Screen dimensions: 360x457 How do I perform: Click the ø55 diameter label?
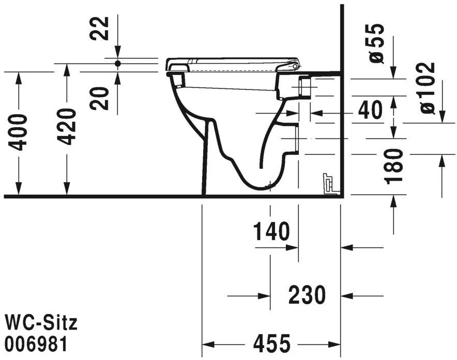pos(377,43)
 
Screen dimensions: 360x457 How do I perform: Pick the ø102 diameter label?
pos(427,88)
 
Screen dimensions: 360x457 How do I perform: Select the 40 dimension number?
pos(370,111)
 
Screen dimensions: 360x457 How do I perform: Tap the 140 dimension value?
pos(271,232)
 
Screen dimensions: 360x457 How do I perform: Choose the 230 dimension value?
pos(307,295)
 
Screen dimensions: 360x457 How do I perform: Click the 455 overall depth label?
pos(272,343)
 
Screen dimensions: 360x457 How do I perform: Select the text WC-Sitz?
pos(40,323)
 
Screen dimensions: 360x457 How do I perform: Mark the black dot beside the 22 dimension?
pos(117,63)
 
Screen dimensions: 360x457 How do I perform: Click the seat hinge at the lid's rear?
pos(295,66)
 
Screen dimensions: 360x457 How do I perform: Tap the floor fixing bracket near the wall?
pos(328,184)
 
